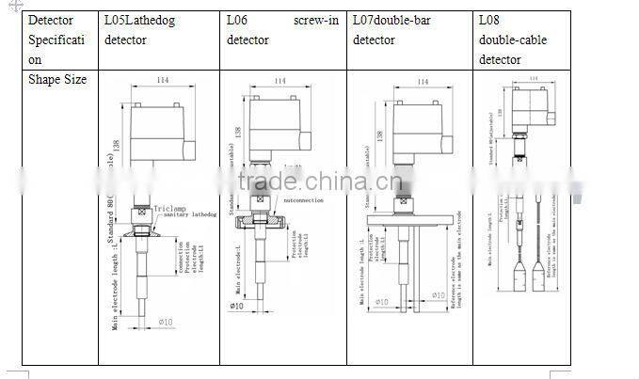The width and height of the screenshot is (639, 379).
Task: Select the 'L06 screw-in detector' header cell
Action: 281,30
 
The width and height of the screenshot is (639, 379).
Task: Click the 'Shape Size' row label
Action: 56,80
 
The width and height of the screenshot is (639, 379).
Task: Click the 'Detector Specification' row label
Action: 56,40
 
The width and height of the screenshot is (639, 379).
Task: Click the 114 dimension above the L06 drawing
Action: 280,82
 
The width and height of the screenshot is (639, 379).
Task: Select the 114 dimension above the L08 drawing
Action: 535,78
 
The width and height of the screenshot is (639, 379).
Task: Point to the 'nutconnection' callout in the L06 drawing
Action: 303,199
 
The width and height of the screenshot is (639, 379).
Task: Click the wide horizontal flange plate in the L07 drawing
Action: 410,219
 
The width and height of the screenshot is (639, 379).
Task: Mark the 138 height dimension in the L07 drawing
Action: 380,135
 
